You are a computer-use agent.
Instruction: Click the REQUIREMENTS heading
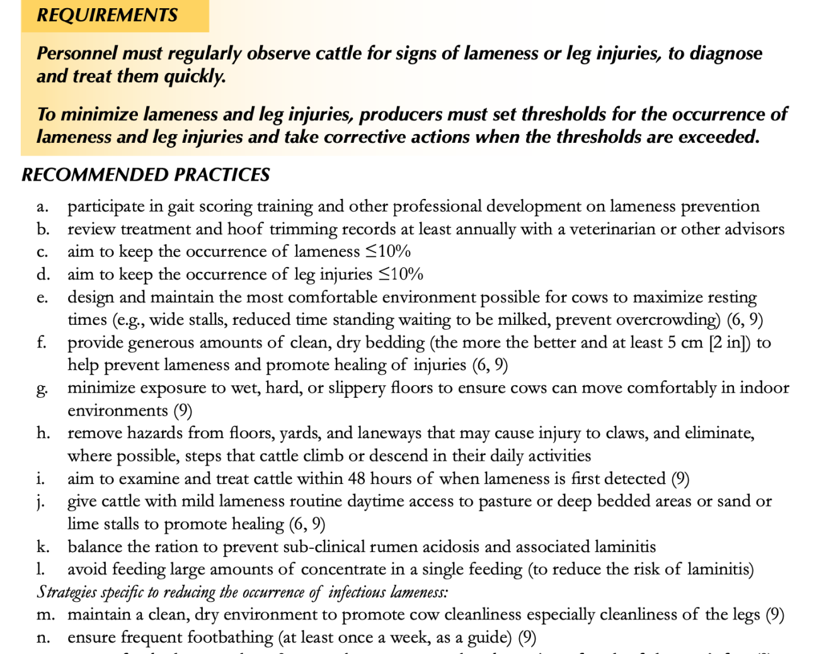(107, 15)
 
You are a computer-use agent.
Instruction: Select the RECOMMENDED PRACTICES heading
(146, 174)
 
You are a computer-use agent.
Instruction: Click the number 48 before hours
(357, 478)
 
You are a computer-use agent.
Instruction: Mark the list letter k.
(42, 546)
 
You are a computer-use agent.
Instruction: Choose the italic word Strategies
(66, 592)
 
